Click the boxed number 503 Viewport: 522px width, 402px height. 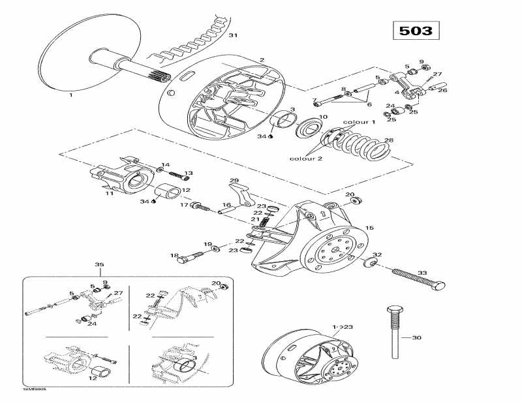click(416, 30)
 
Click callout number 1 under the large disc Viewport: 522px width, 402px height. click(70, 95)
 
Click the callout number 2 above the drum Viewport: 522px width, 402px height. click(262, 60)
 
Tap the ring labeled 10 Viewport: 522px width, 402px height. click(305, 128)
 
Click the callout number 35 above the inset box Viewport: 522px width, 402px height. click(99, 265)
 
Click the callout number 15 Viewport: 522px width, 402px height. click(369, 228)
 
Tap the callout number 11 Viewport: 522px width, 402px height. click(109, 193)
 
